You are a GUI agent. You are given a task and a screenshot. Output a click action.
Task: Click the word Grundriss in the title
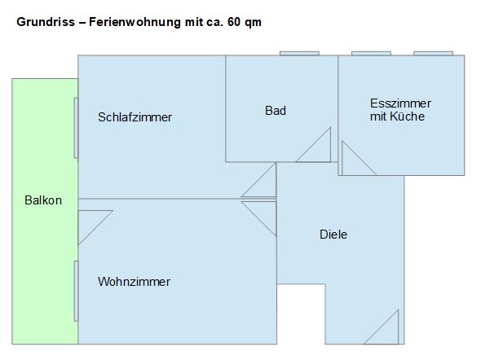[46, 22]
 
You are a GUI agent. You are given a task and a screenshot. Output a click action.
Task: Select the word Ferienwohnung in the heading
[135, 22]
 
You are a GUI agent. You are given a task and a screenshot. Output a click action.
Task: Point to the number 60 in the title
[234, 22]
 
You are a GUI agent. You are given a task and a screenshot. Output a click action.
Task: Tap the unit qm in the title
[253, 24]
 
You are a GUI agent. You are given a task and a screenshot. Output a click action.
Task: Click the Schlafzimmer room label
[135, 117]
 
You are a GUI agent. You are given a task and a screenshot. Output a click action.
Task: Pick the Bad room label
[276, 111]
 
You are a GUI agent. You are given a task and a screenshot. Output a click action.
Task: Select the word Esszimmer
[400, 103]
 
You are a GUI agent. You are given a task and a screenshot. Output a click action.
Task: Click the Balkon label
[43, 200]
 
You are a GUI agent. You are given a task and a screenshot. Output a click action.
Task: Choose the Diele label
[333, 235]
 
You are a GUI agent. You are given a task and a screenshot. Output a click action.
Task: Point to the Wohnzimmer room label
[134, 282]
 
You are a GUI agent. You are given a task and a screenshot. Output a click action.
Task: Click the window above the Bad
[299, 53]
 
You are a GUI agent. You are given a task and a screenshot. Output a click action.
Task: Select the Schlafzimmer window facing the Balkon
[76, 128]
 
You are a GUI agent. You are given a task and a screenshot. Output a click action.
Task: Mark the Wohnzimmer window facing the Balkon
[76, 291]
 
